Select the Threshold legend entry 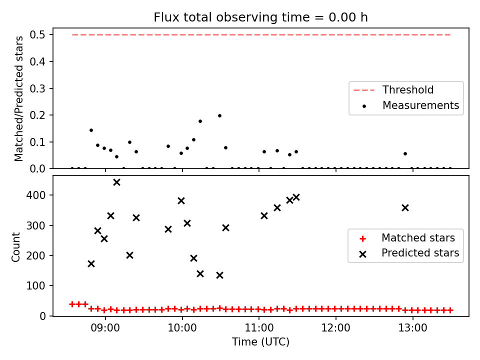coord(393,90)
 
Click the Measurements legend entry coord(411,105)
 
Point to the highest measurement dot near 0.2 coord(219,115)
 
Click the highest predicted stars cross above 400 coord(116,182)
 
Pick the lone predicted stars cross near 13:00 coord(405,208)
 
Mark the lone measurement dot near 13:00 coord(405,153)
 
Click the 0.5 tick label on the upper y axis coord(37,35)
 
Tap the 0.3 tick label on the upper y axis coord(37,89)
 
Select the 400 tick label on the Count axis coord(35,195)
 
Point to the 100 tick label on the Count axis coord(35,285)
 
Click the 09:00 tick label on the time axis coord(105,328)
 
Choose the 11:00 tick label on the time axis coord(259,328)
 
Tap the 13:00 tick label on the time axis coord(412,328)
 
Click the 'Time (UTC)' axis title coord(261,341)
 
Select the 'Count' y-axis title coord(15,247)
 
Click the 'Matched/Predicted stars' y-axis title coord(18,98)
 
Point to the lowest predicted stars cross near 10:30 coord(219,275)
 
